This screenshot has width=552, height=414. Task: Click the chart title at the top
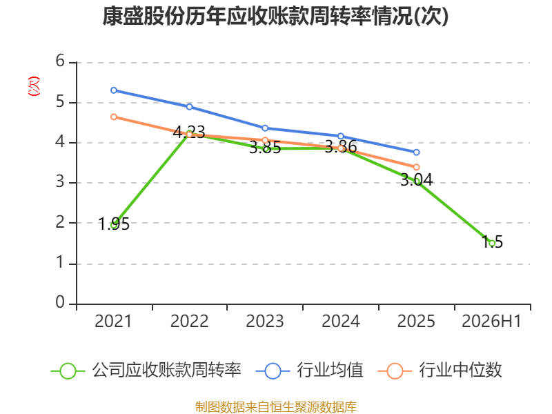(x=275, y=16)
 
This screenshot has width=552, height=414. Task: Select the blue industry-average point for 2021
(x=114, y=90)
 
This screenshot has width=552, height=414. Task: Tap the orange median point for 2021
(x=114, y=117)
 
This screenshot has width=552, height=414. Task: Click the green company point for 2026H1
(x=492, y=244)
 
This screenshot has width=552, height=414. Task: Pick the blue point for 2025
(x=417, y=152)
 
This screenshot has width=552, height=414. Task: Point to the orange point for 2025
(x=417, y=167)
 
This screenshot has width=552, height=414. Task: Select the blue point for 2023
(x=265, y=128)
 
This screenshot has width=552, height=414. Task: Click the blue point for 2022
(x=189, y=107)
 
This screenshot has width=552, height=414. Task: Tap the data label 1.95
(x=114, y=224)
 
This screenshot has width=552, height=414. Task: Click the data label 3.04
(x=417, y=180)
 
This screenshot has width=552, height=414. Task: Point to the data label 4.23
(x=189, y=132)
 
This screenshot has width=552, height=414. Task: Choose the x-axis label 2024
(x=341, y=322)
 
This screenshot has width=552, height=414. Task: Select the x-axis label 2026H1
(x=491, y=322)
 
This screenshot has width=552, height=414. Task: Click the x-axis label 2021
(x=113, y=322)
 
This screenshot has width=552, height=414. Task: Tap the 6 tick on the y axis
(x=60, y=61)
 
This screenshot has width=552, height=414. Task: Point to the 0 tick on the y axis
(x=60, y=302)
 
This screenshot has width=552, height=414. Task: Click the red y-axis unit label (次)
(x=34, y=86)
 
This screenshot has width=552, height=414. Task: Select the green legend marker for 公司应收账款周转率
(x=68, y=371)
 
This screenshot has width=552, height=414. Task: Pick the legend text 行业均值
(x=330, y=371)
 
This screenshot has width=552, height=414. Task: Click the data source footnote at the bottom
(x=275, y=407)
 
